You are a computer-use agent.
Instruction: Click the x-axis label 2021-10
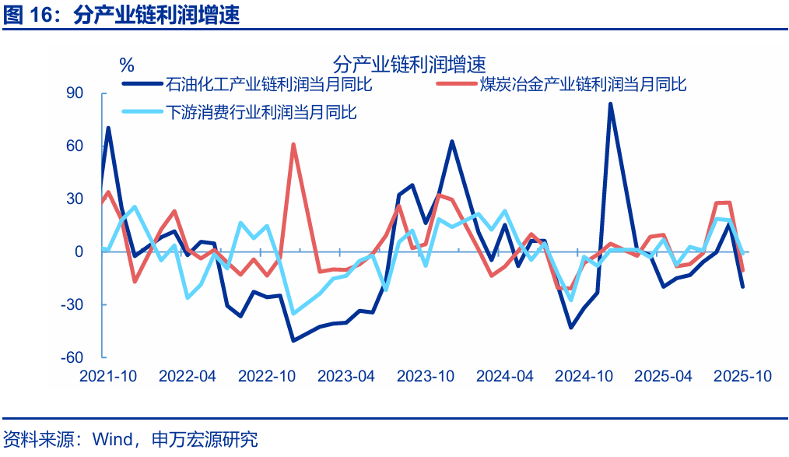point(108,376)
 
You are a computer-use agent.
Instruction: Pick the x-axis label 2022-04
point(188,376)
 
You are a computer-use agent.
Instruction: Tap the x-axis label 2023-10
point(426,376)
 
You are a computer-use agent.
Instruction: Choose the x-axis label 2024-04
point(505,376)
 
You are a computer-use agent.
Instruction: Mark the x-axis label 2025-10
point(743,376)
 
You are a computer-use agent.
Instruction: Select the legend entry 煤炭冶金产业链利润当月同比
point(584,84)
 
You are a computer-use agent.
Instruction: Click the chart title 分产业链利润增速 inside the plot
point(409,62)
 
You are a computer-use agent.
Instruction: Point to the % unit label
point(127,63)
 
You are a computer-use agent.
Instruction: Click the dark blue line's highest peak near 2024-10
point(611,104)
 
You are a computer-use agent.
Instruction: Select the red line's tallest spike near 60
point(293,144)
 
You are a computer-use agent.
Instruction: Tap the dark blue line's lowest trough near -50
point(293,340)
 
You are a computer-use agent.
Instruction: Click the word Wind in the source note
point(112,440)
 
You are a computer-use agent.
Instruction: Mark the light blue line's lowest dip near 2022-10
point(293,313)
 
